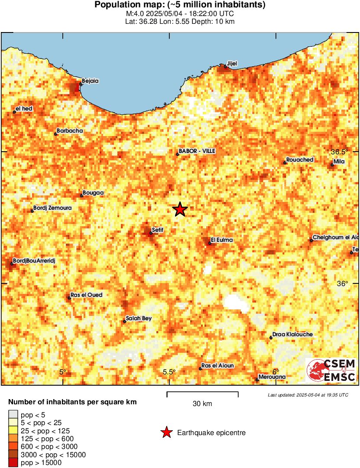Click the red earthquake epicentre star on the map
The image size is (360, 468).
[180, 210]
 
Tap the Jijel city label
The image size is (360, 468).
[232, 63]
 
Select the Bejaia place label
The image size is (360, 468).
[90, 81]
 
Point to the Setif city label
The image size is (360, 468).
[157, 230]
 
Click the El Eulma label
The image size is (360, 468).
[221, 240]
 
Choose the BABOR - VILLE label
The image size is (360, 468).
[197, 151]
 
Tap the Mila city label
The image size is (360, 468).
[338, 162]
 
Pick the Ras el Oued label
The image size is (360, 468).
[86, 295]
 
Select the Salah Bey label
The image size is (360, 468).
[138, 318]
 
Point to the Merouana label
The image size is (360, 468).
[272, 377]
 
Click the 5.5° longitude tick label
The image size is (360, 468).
[169, 372]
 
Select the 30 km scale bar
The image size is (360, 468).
[202, 394]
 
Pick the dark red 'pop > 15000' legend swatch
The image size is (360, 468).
[13, 463]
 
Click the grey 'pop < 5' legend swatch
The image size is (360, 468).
[13, 415]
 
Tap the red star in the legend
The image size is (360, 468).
[166, 432]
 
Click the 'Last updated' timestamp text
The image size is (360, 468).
[308, 395]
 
